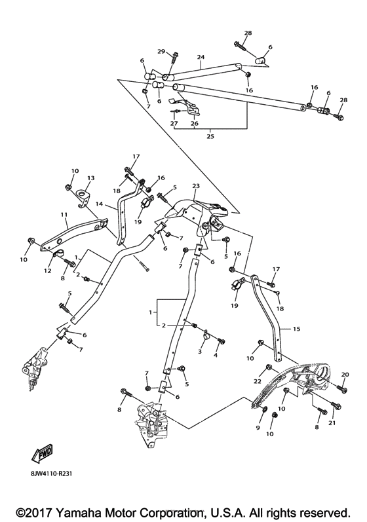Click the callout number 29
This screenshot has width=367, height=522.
(161, 51)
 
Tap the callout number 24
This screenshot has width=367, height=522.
(201, 57)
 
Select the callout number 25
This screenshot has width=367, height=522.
(209, 136)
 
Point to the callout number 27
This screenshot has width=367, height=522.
(174, 122)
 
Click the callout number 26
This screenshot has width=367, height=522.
(194, 122)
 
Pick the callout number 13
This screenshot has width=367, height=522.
(90, 177)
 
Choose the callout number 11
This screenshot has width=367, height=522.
(64, 214)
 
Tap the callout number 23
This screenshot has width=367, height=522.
(195, 185)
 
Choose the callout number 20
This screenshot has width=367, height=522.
(343, 374)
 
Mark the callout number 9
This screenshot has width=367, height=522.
(258, 428)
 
